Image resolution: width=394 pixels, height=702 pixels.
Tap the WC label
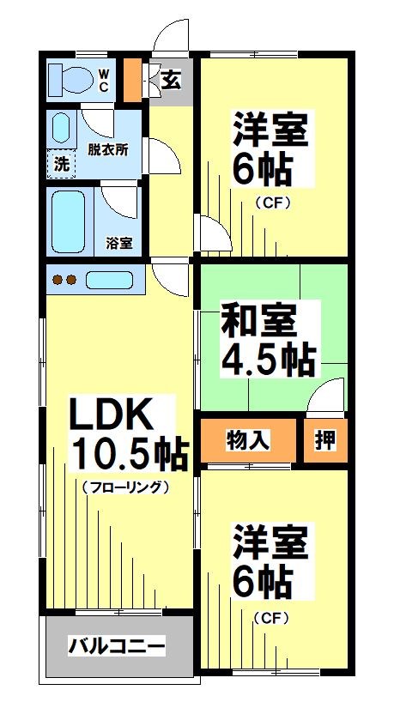point(102,80)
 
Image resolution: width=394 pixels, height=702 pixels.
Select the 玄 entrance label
point(171,81)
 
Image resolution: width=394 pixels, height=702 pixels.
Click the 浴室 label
point(119,243)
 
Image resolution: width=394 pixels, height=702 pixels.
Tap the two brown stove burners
point(65,280)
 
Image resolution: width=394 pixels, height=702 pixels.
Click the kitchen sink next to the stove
point(110,280)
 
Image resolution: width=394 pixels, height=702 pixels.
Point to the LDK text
point(111,416)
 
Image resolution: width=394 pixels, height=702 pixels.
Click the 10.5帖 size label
point(129,454)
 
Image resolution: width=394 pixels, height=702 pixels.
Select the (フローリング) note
point(125,487)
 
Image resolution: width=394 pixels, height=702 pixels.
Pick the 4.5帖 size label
point(268,359)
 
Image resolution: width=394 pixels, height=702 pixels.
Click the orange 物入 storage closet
point(249,440)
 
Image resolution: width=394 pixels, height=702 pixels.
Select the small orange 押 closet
point(325,440)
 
